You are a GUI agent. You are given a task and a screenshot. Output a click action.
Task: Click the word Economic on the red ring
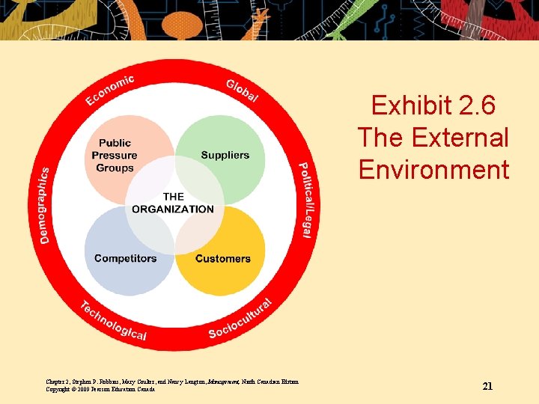[110, 90]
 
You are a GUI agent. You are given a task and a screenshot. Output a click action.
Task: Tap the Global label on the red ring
[243, 90]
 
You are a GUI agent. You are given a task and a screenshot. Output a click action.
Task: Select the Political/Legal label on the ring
[307, 200]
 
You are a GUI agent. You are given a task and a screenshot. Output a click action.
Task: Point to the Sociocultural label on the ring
[240, 319]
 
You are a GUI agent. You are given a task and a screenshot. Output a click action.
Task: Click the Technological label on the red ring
[113, 321]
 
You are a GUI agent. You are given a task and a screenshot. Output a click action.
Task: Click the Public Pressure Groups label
[115, 155]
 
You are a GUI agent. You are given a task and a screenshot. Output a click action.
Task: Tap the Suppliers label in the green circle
[225, 155]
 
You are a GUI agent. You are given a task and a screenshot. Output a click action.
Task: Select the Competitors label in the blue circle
[125, 258]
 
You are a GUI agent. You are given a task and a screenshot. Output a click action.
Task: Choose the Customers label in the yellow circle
[222, 258]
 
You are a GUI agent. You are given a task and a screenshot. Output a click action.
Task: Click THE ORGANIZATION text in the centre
[173, 203]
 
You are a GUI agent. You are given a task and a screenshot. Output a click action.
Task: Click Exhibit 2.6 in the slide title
[433, 105]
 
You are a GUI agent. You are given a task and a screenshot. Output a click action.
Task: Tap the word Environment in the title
[433, 170]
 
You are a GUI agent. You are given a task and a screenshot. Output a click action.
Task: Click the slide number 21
[487, 386]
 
